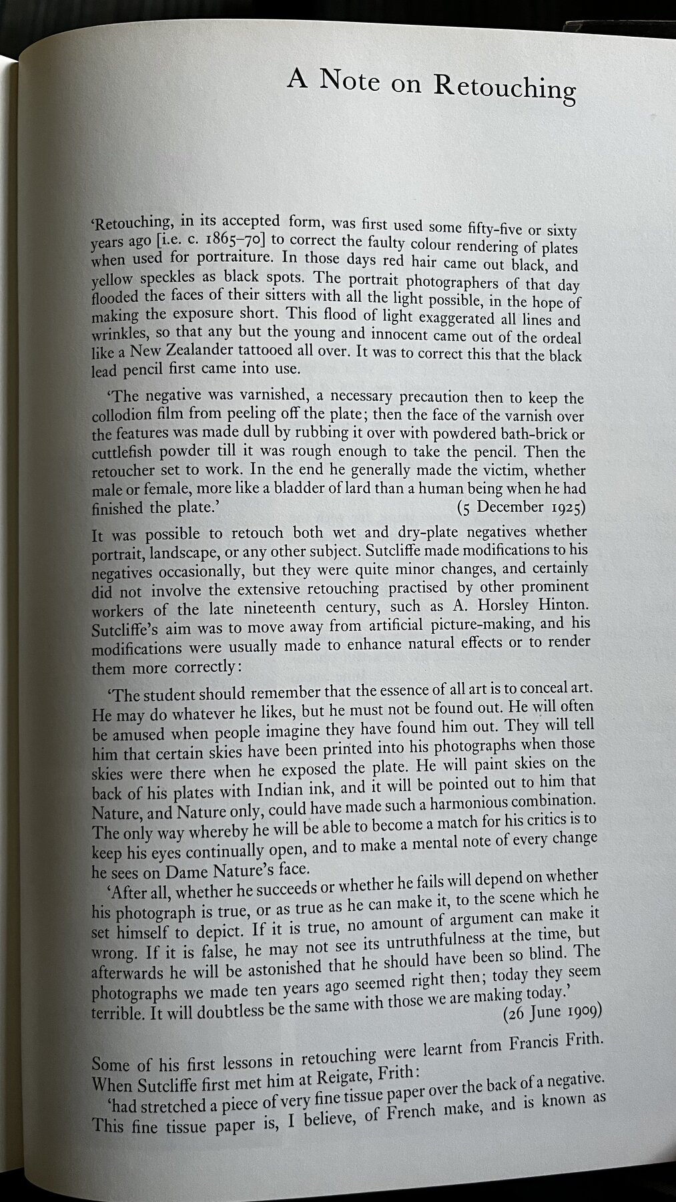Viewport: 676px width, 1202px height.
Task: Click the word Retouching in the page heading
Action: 505,87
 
